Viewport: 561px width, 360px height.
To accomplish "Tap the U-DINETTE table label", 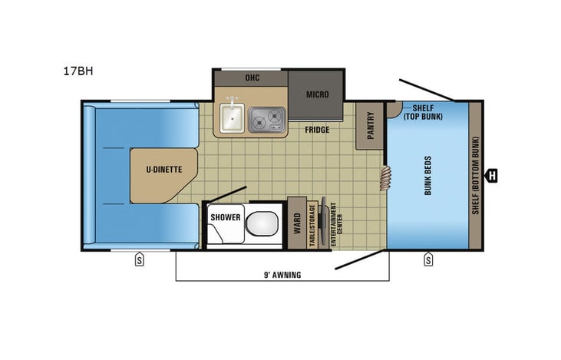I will coord(165,170).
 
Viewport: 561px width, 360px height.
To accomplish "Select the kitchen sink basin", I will coord(232,119).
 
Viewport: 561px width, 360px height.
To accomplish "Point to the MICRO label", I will coord(317,94).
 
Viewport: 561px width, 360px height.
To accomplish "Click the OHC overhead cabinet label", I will coord(252,78).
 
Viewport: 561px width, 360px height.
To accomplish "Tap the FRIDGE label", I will coord(316,130).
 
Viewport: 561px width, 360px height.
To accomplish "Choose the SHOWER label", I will coord(226,217).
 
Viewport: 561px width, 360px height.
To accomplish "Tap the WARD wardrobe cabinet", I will coord(296,223).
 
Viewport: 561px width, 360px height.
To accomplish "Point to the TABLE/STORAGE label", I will coord(312,224).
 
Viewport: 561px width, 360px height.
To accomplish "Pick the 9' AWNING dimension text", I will coord(279,274).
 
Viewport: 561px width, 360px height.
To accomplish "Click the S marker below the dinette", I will coord(140,259).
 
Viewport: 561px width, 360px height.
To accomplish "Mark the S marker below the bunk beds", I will coord(427,259).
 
